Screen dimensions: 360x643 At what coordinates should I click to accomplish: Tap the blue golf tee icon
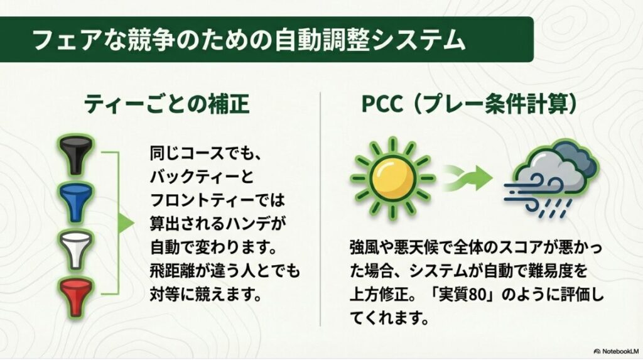tap(76, 200)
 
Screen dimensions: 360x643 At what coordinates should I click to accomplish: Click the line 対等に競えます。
tap(206, 294)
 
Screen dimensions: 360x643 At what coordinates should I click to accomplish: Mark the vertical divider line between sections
tap(321, 207)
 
